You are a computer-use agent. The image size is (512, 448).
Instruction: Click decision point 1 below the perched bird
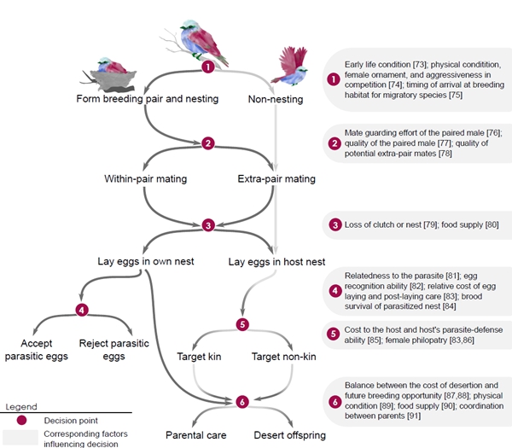point(207,66)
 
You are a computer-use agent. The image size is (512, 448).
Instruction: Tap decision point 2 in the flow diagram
point(207,143)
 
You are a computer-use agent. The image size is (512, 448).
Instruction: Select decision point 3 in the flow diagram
point(207,225)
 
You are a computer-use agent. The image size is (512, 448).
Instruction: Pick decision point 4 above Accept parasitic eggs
point(81,309)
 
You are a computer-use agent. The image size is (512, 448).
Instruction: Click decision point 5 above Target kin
point(241,324)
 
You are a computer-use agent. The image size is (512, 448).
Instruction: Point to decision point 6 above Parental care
point(241,400)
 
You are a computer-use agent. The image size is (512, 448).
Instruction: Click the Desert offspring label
point(290,435)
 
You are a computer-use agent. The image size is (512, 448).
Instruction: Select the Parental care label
point(196,435)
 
